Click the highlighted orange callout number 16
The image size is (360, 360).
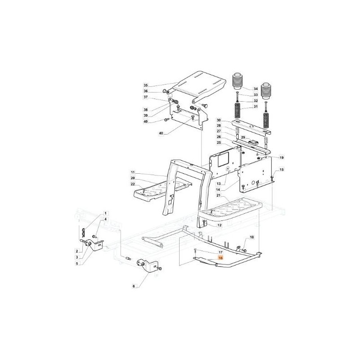click(x=221, y=258)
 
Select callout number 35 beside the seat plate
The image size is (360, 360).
click(x=146, y=85)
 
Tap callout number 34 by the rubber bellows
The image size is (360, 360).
click(x=256, y=89)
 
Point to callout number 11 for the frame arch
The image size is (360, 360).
click(x=133, y=172)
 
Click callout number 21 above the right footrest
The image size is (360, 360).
click(x=219, y=195)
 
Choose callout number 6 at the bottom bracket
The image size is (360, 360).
click(x=134, y=286)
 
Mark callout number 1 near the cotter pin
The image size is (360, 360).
click(x=106, y=213)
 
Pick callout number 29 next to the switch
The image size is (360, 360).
click(x=243, y=137)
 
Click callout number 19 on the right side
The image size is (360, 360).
click(x=282, y=157)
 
